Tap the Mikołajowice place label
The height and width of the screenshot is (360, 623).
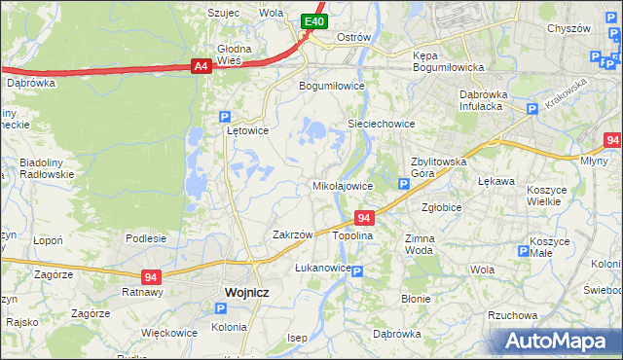[342, 185]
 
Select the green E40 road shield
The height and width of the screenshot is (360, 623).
[312, 20]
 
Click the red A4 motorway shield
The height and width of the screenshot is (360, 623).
[201, 66]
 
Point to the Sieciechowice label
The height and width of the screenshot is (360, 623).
[382, 125]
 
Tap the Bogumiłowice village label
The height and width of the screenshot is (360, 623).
[331, 86]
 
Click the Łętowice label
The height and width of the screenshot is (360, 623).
[247, 129]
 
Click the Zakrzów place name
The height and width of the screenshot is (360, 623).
[292, 234]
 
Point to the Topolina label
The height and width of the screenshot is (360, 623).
[353, 235]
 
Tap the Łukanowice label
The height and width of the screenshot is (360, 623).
[322, 267]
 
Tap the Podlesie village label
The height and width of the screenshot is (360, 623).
[145, 237]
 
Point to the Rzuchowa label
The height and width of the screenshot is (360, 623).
[512, 315]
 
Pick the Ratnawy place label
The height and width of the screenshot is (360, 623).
[141, 291]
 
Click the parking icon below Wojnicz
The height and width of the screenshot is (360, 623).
[220, 308]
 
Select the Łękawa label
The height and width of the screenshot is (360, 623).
[495, 181]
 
